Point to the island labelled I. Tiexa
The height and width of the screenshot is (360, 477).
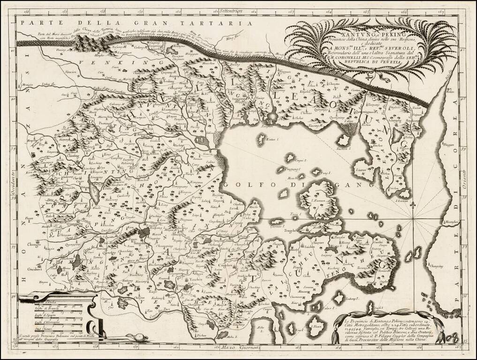tap(318, 324)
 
